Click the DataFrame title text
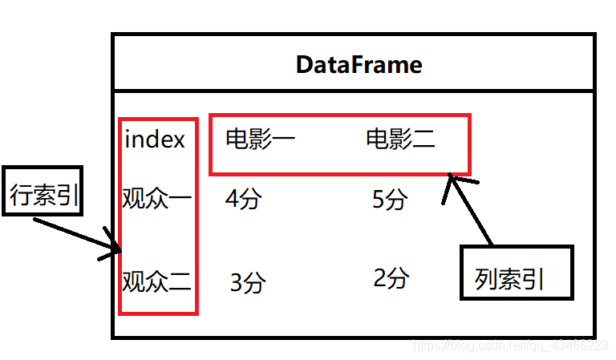(x=359, y=64)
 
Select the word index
(x=155, y=140)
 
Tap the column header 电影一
(x=260, y=140)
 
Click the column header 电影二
(x=400, y=140)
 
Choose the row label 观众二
(x=156, y=281)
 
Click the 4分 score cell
(x=244, y=198)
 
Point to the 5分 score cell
(x=391, y=199)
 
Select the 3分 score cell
(x=248, y=282)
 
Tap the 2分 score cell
(x=391, y=277)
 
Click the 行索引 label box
(x=44, y=193)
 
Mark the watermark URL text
(x=509, y=345)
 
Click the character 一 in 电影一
(x=283, y=140)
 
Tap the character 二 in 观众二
(x=181, y=282)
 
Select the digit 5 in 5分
(x=379, y=199)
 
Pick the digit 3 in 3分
(x=237, y=283)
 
